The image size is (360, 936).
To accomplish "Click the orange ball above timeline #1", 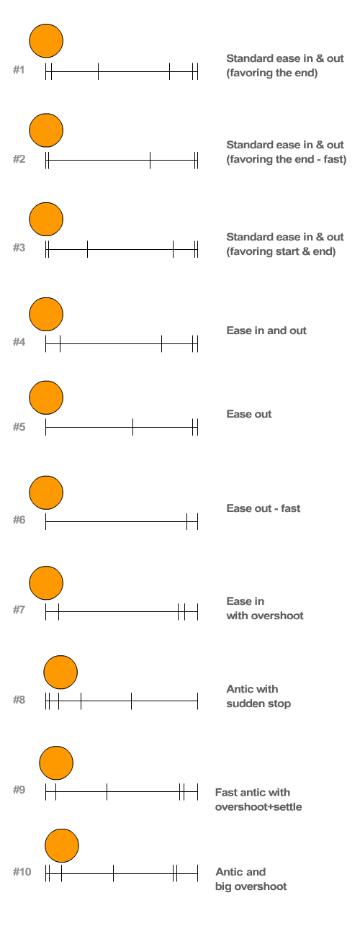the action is (46, 40).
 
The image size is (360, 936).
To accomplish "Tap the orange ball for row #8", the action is (60, 672).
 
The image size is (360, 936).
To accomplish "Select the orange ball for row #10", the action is (62, 845).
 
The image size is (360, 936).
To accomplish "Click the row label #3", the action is (19, 248).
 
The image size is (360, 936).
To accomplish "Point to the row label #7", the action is (19, 610).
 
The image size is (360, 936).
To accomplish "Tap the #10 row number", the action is (22, 872).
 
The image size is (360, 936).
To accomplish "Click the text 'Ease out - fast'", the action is (263, 508).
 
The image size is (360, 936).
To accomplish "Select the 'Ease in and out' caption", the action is (266, 330).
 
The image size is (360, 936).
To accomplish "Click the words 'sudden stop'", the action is (258, 703).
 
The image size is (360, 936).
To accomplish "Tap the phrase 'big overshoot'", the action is (251, 886).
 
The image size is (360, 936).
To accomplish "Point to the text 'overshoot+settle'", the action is (258, 806).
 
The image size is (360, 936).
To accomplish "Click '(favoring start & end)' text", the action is (281, 251).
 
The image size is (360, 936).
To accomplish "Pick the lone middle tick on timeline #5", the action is (132, 427).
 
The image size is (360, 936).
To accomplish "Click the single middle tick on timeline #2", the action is (150, 161).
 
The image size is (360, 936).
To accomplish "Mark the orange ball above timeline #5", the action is (46, 397).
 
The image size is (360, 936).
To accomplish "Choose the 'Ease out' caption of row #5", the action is (249, 414).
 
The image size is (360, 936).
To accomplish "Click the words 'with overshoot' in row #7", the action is (265, 616).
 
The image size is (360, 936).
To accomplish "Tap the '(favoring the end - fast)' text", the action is (287, 159).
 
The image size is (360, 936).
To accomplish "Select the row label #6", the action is (19, 519).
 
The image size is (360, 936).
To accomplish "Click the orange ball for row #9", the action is (56, 762).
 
